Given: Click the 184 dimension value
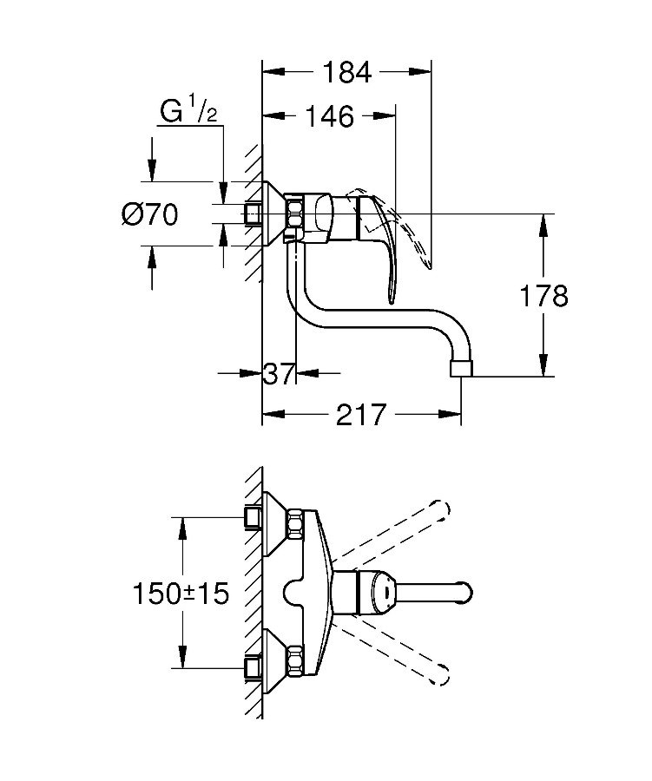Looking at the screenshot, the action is click(347, 72).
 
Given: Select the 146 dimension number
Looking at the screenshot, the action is click(330, 116).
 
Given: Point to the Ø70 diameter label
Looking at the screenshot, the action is click(149, 214).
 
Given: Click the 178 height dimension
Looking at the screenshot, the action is click(543, 296).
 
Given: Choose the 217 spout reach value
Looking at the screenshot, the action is click(361, 415).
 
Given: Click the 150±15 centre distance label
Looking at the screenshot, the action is click(181, 594).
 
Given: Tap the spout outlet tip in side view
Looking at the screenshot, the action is click(461, 368).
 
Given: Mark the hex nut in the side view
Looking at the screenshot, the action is click(294, 213).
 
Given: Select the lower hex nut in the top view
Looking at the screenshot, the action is click(295, 661).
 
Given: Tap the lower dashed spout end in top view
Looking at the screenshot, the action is click(442, 675).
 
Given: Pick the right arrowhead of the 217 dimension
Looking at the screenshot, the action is click(450, 415).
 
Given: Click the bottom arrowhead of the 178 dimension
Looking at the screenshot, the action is click(543, 365).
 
